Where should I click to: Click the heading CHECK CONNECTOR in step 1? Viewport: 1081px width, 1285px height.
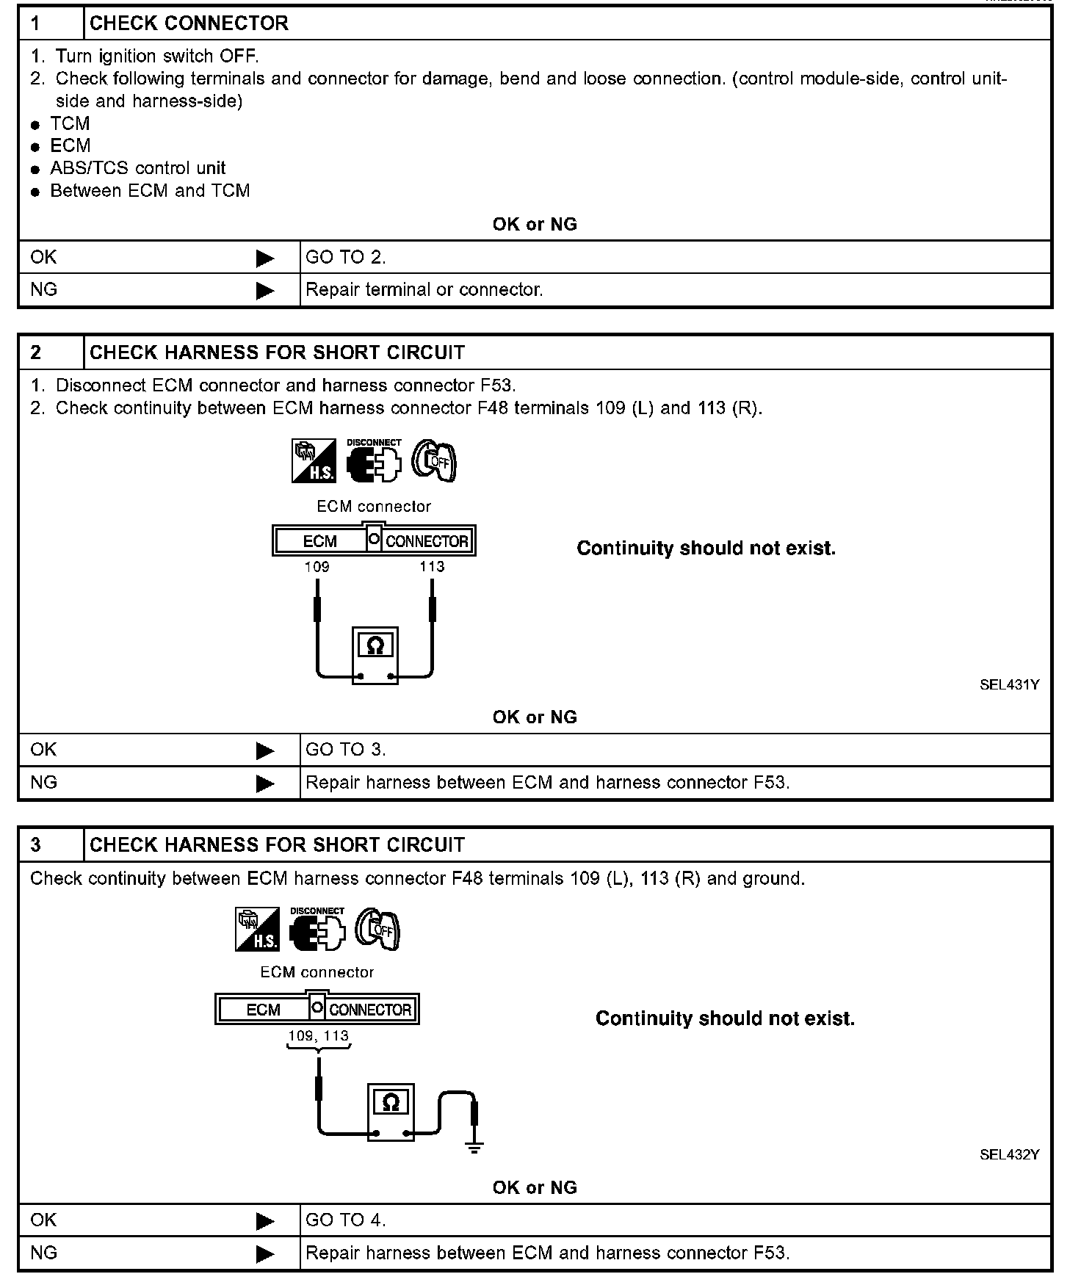point(189,23)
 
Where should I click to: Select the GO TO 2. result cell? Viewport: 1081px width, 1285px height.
point(345,257)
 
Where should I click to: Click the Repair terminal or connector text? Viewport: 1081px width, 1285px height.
point(424,290)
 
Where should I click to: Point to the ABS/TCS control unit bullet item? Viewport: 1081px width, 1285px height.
point(137,168)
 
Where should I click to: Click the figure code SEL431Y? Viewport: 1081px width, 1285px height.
point(1009,685)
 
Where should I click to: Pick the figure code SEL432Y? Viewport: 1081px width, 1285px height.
point(1009,1154)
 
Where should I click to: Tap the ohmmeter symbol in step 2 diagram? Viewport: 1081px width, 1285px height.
point(375,646)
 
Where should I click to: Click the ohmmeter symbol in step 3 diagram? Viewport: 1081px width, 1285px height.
point(391,1102)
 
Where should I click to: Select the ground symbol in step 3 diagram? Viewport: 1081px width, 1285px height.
point(474,1147)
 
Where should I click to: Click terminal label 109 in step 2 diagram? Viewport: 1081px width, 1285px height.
point(317,567)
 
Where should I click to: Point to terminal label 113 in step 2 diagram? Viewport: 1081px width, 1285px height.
point(432,567)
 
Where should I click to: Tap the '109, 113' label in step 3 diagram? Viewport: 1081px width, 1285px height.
point(319,1036)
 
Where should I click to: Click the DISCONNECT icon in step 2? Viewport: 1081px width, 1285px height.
point(374,461)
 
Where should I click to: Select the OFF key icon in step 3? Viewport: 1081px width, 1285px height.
point(377,930)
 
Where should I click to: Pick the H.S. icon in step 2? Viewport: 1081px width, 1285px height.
point(314,461)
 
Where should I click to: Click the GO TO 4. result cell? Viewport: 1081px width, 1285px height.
point(345,1220)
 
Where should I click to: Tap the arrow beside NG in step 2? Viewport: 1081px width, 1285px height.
point(265,783)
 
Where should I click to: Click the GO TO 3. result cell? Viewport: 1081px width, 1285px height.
point(345,750)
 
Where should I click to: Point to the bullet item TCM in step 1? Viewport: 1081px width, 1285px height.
point(70,123)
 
